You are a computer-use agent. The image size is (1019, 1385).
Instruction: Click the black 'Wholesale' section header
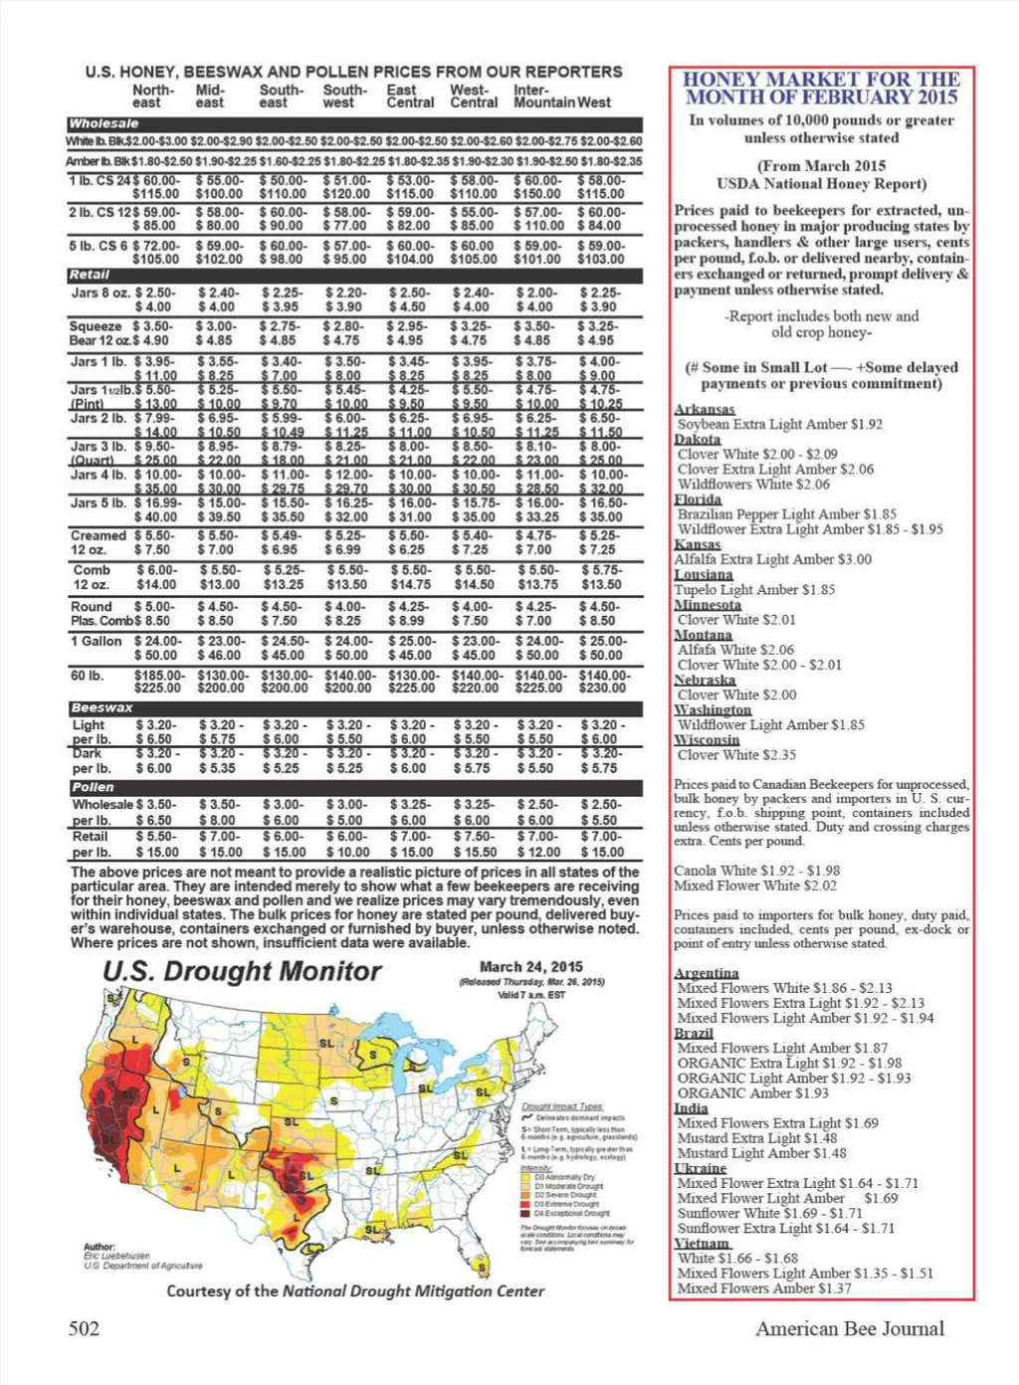pyautogui.click(x=104, y=124)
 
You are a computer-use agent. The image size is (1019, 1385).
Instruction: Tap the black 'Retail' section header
pyautogui.click(x=90, y=275)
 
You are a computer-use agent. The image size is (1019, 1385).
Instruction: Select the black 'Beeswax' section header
pyautogui.click(x=102, y=707)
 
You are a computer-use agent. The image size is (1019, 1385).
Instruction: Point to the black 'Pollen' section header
pyautogui.click(x=93, y=787)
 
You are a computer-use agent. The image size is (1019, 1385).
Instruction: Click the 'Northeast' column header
pyautogui.click(x=152, y=97)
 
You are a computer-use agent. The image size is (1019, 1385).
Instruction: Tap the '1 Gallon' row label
pyautogui.click(x=96, y=642)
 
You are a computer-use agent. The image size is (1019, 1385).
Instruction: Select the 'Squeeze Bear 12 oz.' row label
pyautogui.click(x=98, y=333)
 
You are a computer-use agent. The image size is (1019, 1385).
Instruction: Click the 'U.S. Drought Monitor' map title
pyautogui.click(x=242, y=972)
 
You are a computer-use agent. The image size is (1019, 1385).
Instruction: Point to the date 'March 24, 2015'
pyautogui.click(x=531, y=967)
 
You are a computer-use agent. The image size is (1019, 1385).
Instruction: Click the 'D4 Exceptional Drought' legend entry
pyautogui.click(x=572, y=1213)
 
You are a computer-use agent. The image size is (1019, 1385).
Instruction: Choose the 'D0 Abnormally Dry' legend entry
pyautogui.click(x=564, y=1177)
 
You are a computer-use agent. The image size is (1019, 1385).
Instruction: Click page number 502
pyautogui.click(x=84, y=1328)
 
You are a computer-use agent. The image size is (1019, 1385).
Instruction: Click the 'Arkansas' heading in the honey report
pyautogui.click(x=705, y=410)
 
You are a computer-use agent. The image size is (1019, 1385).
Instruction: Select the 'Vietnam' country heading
pyautogui.click(x=703, y=1244)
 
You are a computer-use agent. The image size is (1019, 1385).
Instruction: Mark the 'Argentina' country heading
pyautogui.click(x=707, y=973)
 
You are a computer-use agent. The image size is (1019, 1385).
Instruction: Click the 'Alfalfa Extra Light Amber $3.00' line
pyautogui.click(x=772, y=559)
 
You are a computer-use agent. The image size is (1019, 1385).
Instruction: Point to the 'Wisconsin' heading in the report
pyautogui.click(x=708, y=740)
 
